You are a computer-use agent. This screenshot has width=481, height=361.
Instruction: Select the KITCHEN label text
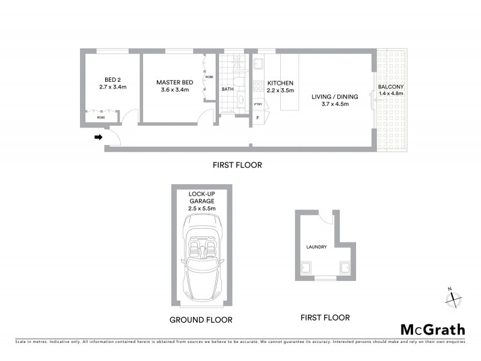click(280, 83)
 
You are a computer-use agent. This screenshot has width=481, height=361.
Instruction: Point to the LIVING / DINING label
click(334, 96)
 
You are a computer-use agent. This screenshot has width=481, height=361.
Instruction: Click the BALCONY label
click(391, 87)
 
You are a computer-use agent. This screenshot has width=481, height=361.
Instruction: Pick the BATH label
click(228, 89)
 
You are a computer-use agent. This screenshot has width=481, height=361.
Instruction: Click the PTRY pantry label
click(258, 104)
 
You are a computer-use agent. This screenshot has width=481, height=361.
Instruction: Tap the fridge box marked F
click(258, 118)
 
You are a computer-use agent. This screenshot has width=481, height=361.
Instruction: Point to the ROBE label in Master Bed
click(209, 77)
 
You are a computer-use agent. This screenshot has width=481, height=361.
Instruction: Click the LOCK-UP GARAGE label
click(202, 197)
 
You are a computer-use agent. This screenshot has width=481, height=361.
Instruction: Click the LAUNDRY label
click(316, 246)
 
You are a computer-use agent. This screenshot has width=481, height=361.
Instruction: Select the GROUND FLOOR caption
click(201, 319)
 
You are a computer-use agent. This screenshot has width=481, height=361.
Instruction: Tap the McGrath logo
click(433, 329)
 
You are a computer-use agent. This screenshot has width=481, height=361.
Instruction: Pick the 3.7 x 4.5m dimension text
click(334, 104)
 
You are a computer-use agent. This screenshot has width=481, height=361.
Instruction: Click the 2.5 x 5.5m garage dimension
click(202, 208)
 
